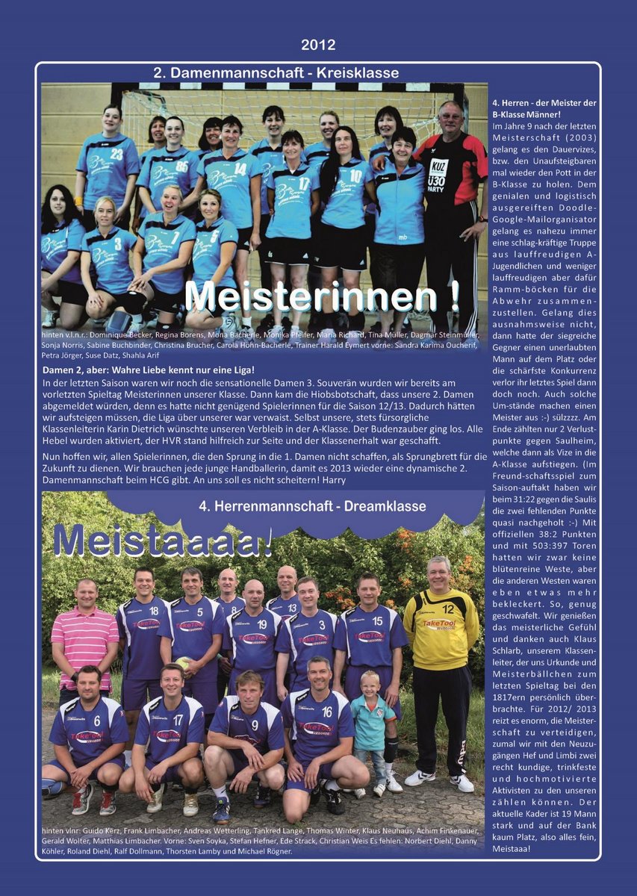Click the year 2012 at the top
(x=318, y=45)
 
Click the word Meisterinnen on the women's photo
(x=321, y=297)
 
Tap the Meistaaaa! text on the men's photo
(x=162, y=541)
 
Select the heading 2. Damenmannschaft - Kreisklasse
(x=276, y=73)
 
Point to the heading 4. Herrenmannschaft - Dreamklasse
(x=312, y=506)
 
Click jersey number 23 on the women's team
(x=116, y=154)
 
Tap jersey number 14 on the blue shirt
(x=240, y=168)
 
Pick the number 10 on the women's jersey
(x=355, y=176)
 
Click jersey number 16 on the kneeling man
(x=326, y=712)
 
